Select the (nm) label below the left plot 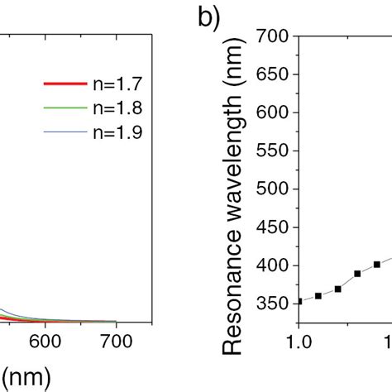25,376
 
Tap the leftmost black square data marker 299,301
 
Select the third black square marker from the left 337,289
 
